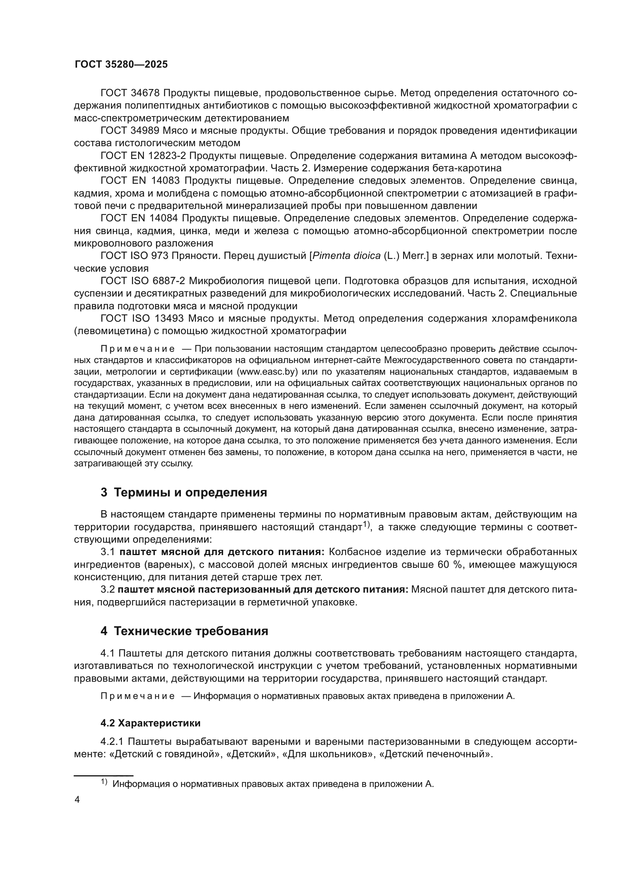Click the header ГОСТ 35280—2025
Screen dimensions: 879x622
click(121, 64)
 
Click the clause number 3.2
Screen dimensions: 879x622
click(108, 590)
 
